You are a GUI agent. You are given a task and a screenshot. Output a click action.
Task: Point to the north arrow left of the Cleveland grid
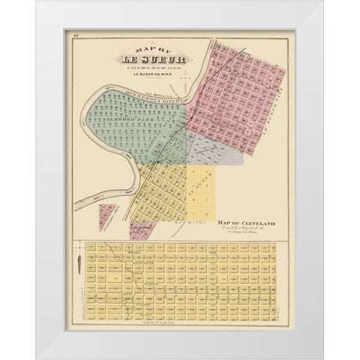(x=77, y=269)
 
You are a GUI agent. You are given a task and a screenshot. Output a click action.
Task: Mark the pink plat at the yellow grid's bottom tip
(x=139, y=229)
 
